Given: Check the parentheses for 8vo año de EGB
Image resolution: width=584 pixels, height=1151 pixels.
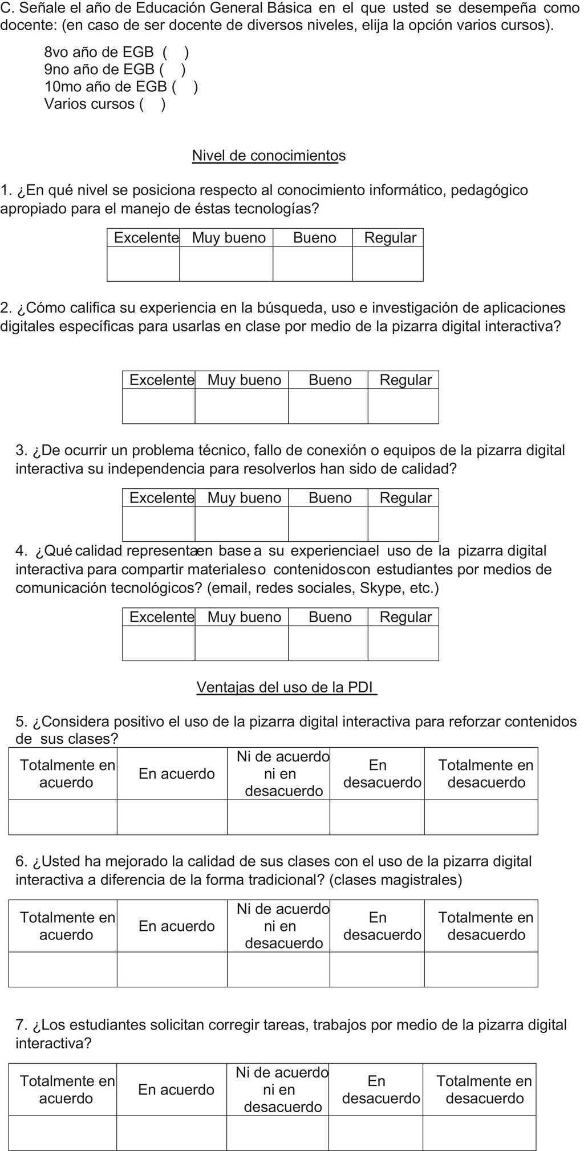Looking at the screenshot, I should [x=176, y=52].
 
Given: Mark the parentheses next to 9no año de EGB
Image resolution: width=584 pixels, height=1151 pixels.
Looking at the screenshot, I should [x=172, y=70].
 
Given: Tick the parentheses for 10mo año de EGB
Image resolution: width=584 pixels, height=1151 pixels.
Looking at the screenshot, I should [x=185, y=87].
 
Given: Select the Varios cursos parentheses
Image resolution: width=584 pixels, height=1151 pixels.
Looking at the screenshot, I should [x=152, y=104].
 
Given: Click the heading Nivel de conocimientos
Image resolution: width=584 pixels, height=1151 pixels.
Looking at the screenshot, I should [x=269, y=156].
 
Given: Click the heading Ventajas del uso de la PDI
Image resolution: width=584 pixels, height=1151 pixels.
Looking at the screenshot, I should [x=286, y=687].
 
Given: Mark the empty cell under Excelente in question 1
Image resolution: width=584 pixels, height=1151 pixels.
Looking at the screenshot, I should [x=143, y=264].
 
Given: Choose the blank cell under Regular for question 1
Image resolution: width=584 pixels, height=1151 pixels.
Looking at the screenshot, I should [x=388, y=264].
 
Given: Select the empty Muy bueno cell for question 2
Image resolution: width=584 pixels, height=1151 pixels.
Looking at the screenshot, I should [x=241, y=406].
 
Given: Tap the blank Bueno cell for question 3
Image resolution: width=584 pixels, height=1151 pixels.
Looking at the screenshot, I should [x=328, y=524].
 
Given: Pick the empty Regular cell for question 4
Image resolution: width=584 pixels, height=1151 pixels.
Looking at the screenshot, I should [x=403, y=643].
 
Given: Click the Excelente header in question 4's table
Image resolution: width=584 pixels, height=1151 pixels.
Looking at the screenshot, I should [x=161, y=617].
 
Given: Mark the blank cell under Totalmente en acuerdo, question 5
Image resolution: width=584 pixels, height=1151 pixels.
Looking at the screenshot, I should [x=63, y=817].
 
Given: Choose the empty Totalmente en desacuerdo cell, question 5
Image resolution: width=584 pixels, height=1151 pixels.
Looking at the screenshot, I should [x=481, y=817].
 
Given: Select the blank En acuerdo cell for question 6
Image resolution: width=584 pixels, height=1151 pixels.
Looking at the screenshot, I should [x=172, y=969].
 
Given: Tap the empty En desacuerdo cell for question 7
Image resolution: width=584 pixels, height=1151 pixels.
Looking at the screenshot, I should [x=375, y=1133].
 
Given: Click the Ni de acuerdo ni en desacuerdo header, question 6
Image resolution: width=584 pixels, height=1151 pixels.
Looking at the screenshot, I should [x=283, y=926].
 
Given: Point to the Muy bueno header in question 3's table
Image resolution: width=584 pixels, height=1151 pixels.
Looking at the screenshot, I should [x=244, y=498].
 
